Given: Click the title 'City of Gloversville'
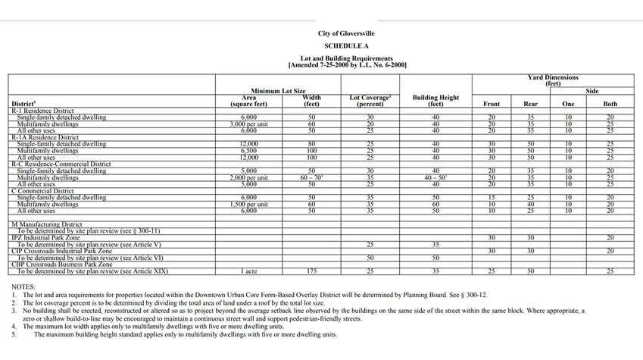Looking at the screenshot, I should [346, 34].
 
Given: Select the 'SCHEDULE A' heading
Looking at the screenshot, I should [346, 45].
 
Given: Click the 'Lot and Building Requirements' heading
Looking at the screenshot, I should [346, 58].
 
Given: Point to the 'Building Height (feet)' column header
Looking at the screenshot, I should [435, 100].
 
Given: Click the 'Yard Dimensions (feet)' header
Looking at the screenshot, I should [552, 80].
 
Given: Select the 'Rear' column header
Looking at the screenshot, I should [530, 103].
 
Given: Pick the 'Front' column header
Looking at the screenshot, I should [491, 103].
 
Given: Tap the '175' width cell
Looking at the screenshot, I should [311, 271].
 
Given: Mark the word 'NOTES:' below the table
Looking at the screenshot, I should [24, 286].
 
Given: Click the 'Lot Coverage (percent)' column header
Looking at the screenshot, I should [370, 100].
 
